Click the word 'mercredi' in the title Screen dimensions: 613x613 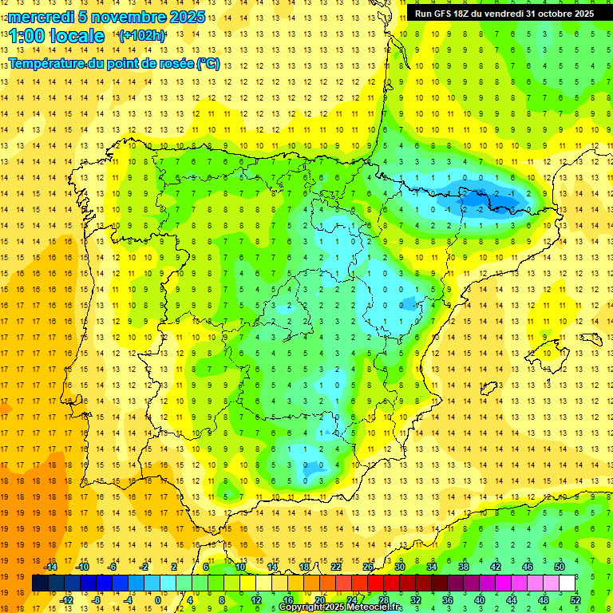tap(41, 17)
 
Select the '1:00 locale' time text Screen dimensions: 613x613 tap(56, 36)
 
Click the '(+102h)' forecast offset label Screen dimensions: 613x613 tap(141, 36)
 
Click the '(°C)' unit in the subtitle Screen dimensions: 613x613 tap(208, 63)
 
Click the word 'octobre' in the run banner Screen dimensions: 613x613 tap(548, 14)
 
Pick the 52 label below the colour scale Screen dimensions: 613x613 tap(575, 600)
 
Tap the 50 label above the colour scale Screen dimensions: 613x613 tap(560, 566)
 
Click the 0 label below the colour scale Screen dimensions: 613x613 tap(158, 600)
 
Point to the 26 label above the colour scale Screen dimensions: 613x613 tap(368, 566)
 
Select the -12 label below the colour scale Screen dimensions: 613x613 tap(66, 600)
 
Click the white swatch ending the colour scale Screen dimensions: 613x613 tap(567, 583)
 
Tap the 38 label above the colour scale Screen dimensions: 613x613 tap(464, 566)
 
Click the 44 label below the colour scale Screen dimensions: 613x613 tap(512, 600)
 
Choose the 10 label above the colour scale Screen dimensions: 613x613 tap(239, 566)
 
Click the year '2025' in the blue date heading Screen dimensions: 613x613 tap(185, 17)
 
